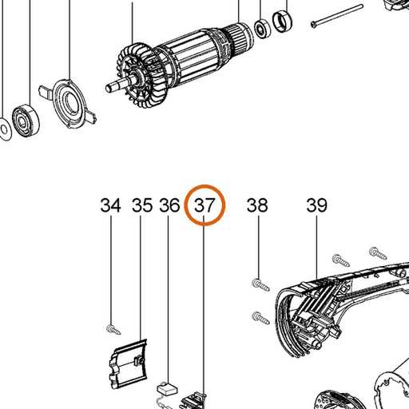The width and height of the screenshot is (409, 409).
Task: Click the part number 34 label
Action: pos(110,205)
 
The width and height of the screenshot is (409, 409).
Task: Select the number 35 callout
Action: pos(142,205)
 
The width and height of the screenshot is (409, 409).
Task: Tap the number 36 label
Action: pos(169,205)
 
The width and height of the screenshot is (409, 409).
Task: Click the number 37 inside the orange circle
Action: pos(204,205)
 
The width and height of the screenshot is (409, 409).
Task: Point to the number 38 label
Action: pos(257,205)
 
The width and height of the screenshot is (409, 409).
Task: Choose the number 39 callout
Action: pos(316,205)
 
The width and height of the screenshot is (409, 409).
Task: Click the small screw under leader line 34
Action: pos(113,329)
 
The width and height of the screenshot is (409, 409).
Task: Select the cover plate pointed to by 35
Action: pos(128,363)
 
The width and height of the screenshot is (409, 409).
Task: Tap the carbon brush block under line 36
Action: pos(167,389)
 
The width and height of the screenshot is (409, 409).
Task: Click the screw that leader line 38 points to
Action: pos(260,284)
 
